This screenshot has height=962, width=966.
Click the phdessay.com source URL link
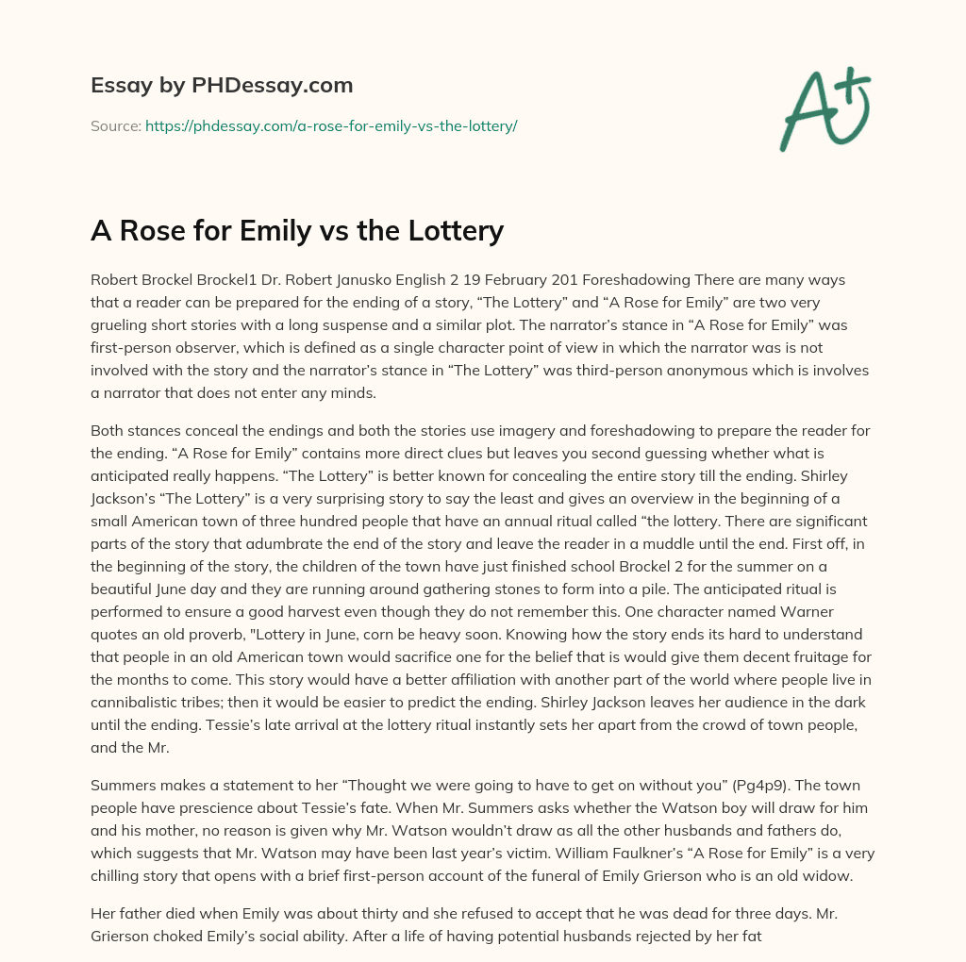(x=331, y=125)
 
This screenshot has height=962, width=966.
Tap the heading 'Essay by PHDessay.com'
(x=222, y=86)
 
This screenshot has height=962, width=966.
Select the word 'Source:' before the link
(x=116, y=125)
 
